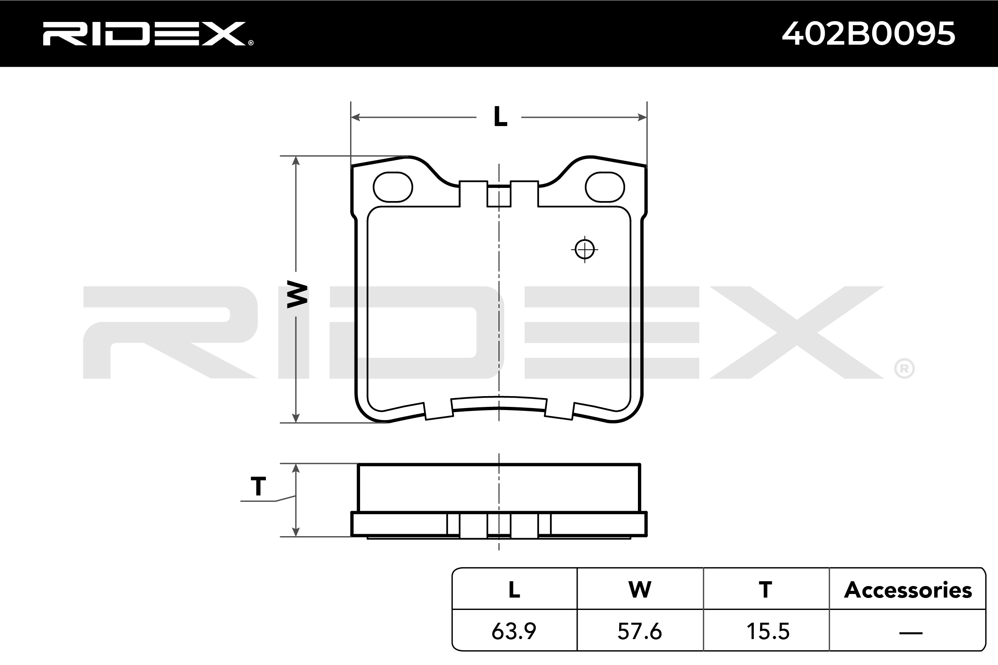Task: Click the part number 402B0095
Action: [868, 34]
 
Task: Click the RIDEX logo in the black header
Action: [148, 34]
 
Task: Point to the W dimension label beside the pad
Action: [297, 294]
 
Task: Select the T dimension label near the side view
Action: [258, 486]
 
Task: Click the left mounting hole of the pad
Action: [393, 187]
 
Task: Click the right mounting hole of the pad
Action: [605, 187]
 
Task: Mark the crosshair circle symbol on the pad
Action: [585, 249]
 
